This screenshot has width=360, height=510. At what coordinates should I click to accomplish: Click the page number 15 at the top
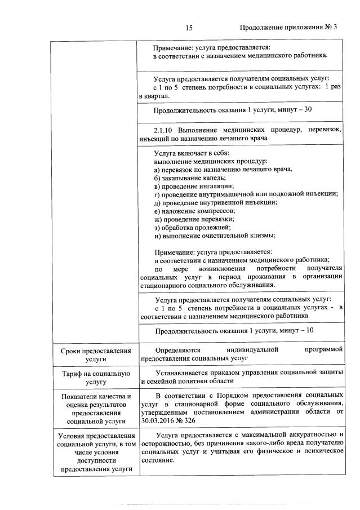pos(189,28)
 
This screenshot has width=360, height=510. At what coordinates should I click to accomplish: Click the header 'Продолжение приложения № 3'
pos(288,28)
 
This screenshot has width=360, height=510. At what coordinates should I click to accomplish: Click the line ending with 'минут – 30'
pos(233,109)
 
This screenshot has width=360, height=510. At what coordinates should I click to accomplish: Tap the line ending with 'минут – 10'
pos(234,331)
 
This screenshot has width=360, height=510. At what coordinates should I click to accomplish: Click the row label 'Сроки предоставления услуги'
pos(96,354)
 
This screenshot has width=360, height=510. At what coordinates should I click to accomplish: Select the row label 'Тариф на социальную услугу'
pos(96,377)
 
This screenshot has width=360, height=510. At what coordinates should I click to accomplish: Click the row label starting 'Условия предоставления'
pos(96,452)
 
